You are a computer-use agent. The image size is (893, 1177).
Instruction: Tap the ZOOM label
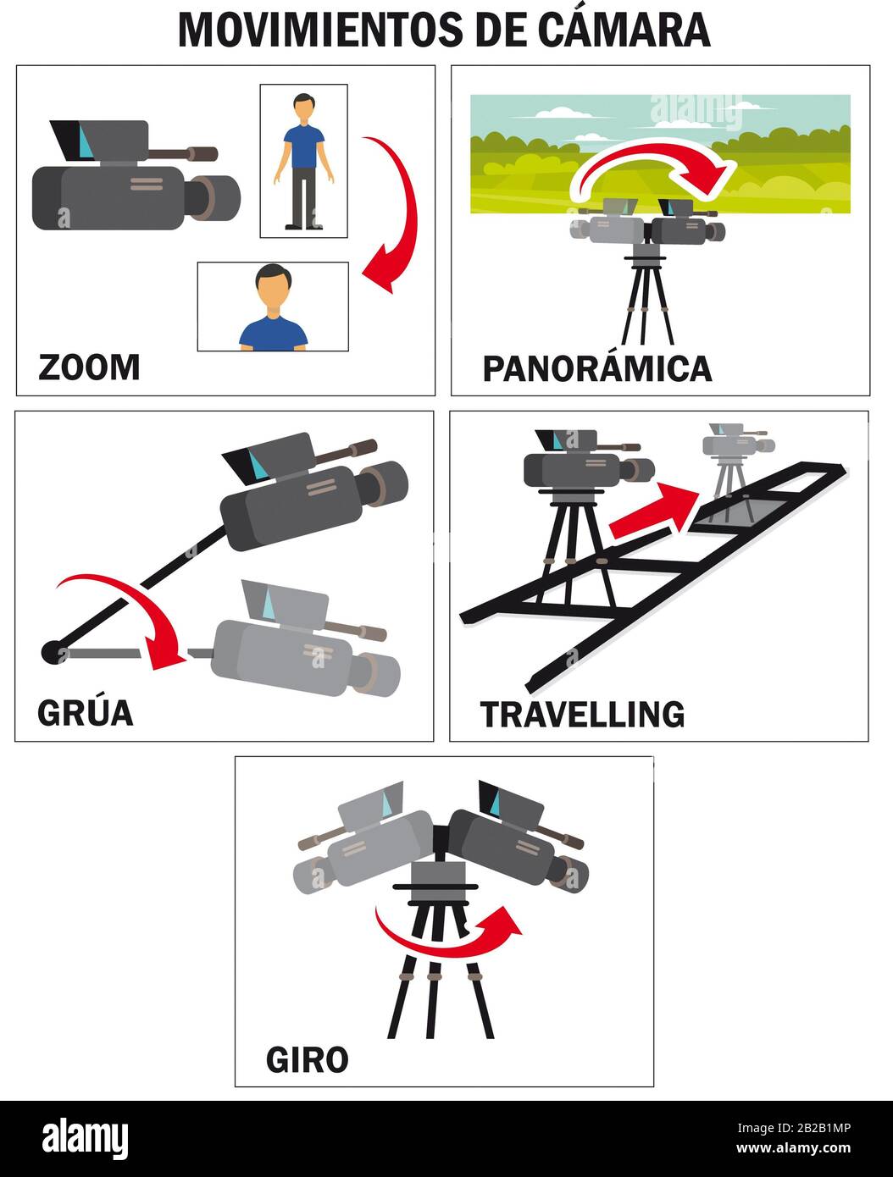point(89,367)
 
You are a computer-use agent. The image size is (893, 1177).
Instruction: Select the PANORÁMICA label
point(596,369)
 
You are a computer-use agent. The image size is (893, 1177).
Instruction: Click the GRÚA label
point(85,713)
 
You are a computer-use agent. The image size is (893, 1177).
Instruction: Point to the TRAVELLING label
point(582,715)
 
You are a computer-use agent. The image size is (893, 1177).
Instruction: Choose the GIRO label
point(307,1059)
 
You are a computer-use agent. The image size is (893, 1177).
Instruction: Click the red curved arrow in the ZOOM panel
point(397,212)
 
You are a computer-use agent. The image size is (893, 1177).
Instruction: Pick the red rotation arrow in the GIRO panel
point(449,933)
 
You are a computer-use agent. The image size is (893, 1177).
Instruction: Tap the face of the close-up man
point(273,293)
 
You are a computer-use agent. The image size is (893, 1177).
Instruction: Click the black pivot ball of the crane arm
point(51,652)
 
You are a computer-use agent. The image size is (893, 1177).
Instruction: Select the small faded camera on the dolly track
point(733,449)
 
